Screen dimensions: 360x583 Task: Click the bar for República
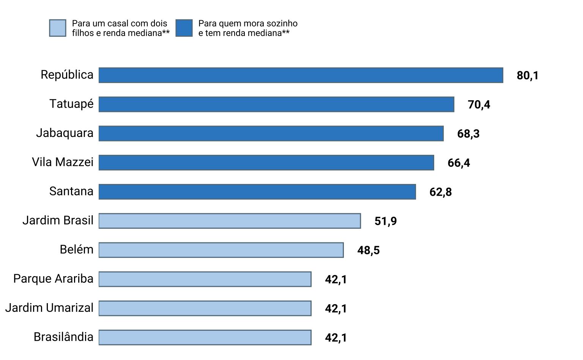coord(301,75)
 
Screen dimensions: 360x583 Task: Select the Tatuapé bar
coord(276,104)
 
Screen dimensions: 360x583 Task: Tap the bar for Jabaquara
coord(271,134)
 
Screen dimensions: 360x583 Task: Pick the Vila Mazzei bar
coord(266,162)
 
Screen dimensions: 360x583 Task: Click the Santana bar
coord(257,192)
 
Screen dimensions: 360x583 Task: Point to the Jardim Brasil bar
coord(230,221)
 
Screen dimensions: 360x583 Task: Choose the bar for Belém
coord(221,250)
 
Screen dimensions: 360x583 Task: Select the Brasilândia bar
coord(205,337)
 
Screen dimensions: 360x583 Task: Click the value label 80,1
coord(527,75)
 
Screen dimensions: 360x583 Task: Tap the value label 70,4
coord(479,105)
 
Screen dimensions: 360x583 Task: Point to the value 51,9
coord(385,221)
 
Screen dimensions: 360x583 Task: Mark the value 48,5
coord(368,250)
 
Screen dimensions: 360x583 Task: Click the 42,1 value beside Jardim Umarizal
coord(336,308)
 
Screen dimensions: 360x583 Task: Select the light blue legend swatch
coord(58,28)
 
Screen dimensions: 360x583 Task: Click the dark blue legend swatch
coord(184,28)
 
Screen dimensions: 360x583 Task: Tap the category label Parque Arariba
coord(53,279)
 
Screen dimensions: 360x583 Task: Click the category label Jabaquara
coord(65,133)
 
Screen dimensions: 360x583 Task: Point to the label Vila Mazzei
coord(63,162)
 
